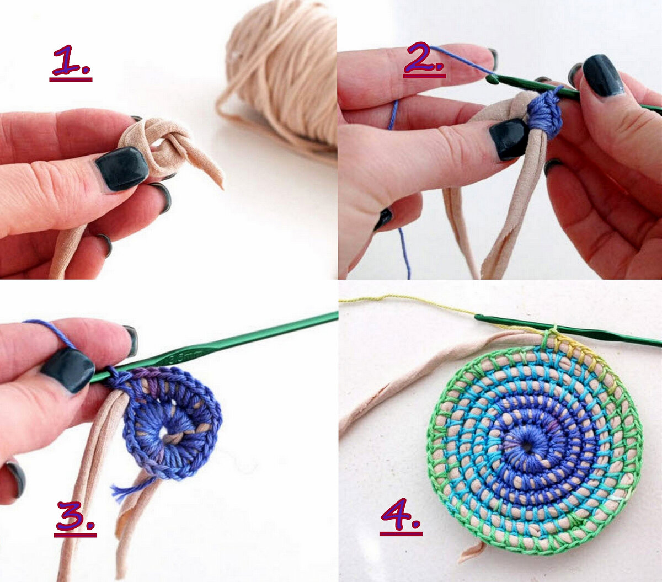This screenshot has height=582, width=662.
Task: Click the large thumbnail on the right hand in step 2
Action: [x=601, y=76]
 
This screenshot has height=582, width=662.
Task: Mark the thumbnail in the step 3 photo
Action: [x=68, y=370]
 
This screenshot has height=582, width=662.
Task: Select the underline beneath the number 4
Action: [x=401, y=534]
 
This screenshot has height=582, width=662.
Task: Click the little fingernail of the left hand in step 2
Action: [x=383, y=218]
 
